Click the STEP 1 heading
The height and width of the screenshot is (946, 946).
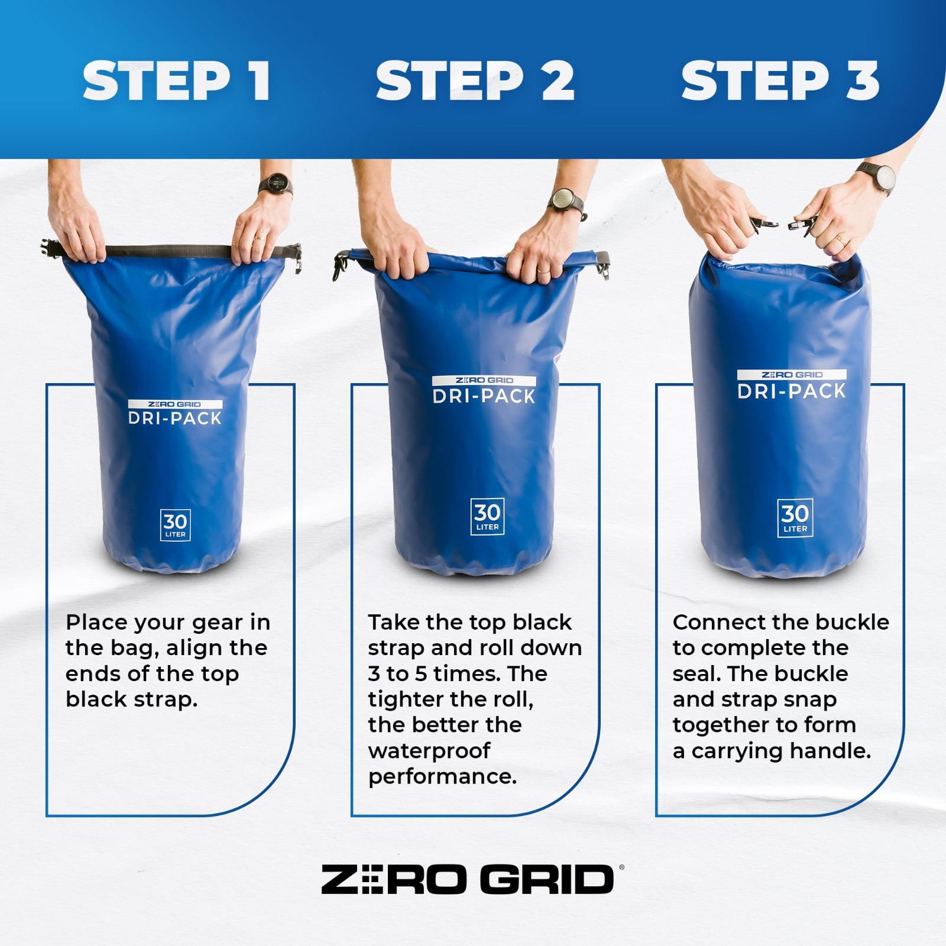click(x=177, y=81)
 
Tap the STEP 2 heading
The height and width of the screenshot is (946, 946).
click(x=475, y=81)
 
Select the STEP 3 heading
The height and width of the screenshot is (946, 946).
click(x=780, y=81)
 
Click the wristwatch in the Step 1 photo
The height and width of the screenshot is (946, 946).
click(x=276, y=185)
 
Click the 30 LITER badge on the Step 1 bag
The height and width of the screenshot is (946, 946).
click(x=175, y=525)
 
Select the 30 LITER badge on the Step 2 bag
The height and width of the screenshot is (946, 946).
click(x=487, y=517)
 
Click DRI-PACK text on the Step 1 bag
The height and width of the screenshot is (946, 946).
click(x=175, y=418)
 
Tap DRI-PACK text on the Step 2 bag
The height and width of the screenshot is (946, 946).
click(x=484, y=396)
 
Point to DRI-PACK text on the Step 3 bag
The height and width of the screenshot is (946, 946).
click(x=792, y=391)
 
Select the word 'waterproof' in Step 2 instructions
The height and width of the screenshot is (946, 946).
click(x=429, y=751)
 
